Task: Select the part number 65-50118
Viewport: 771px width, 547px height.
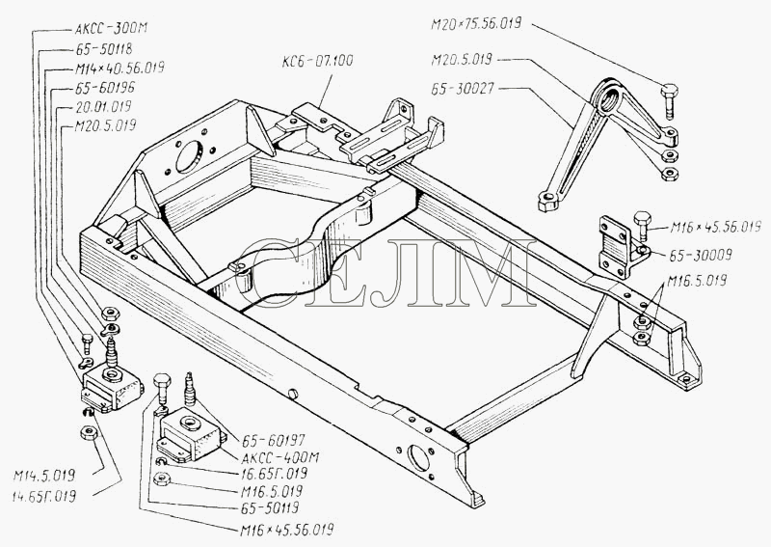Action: pyautogui.click(x=102, y=50)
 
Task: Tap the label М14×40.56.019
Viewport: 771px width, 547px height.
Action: pyautogui.click(x=119, y=68)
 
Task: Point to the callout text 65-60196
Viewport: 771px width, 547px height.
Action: pyautogui.click(x=102, y=88)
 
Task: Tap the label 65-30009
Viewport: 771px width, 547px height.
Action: pyautogui.click(x=691, y=258)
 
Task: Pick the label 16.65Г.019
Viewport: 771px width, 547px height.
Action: pyautogui.click(x=273, y=475)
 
